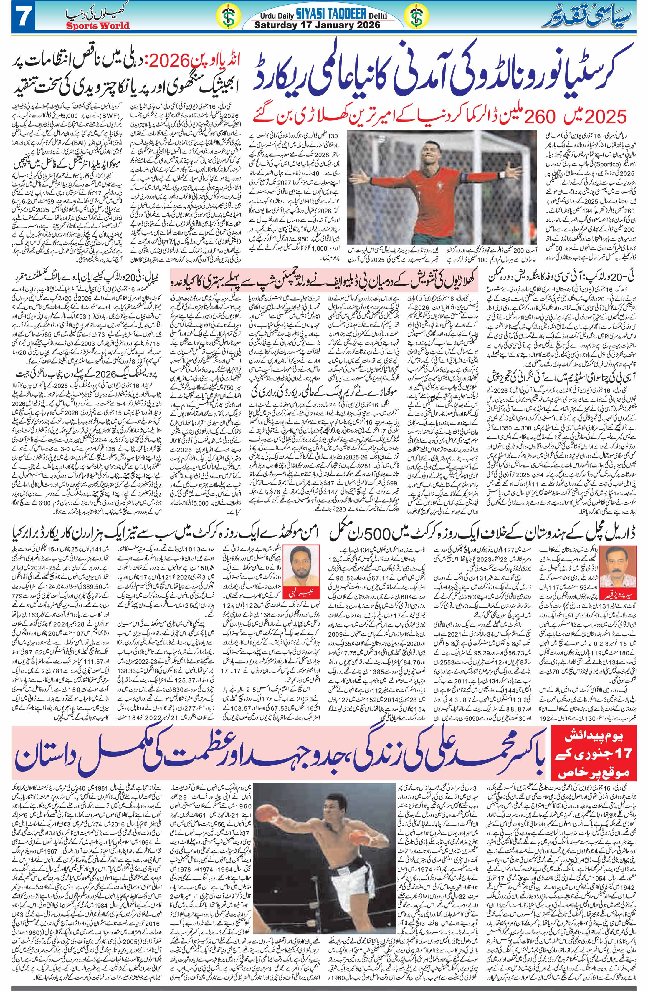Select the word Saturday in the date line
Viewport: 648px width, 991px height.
(x=275, y=25)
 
